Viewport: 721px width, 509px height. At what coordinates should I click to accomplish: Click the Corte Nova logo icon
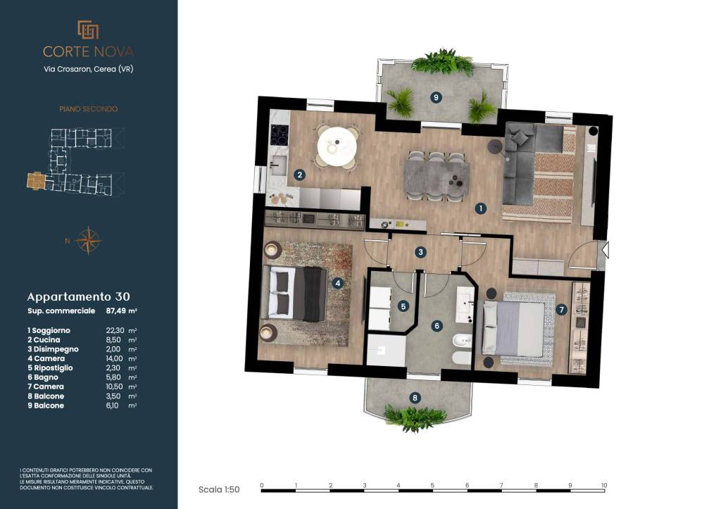coord(88,30)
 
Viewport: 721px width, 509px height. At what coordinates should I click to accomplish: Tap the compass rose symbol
coord(88,241)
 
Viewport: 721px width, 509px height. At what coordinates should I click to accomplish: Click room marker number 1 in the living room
coord(480,209)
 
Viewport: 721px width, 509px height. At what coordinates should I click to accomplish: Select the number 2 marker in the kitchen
coord(300,175)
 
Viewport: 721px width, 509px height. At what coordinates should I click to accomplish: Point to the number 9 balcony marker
coord(436,97)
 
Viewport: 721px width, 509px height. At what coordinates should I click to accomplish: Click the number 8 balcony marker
coord(415,398)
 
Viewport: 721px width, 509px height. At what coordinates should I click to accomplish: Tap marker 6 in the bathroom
coord(437,326)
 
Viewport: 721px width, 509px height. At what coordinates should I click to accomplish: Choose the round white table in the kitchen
coord(337,146)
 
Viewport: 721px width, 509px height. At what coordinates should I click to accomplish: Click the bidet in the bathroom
coord(463,341)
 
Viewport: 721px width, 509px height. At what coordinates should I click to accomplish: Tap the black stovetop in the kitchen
coord(279,135)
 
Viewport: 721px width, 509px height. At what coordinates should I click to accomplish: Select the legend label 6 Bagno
coord(43,377)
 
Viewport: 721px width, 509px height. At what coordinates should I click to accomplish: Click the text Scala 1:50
coord(219,490)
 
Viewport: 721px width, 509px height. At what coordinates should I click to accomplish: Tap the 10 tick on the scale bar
coord(603,486)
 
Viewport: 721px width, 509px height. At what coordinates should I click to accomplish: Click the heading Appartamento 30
coord(79,297)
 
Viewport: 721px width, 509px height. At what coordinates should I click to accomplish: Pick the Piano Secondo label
coord(88,109)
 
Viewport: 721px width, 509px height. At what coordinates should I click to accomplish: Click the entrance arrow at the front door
coord(606,250)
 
